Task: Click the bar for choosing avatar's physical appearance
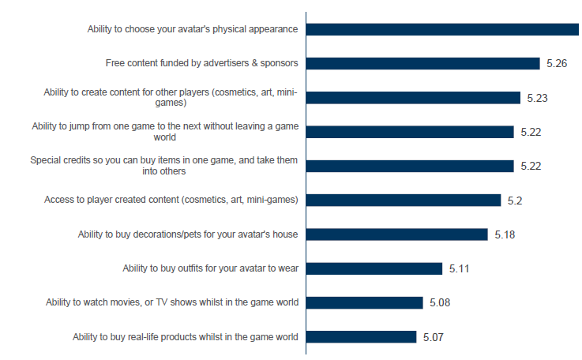click(x=442, y=29)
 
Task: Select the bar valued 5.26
click(x=422, y=63)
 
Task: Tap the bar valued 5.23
click(x=413, y=98)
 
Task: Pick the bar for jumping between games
click(x=410, y=132)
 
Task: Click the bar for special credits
click(x=410, y=166)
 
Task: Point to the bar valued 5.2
click(x=404, y=200)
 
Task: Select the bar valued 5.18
click(x=396, y=234)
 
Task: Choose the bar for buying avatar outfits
click(x=374, y=268)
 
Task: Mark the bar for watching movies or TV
click(x=365, y=302)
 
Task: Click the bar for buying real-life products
click(x=362, y=337)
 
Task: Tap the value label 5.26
click(x=557, y=63)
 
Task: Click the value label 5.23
click(x=537, y=98)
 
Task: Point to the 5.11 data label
click(x=460, y=268)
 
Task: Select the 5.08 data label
click(x=440, y=302)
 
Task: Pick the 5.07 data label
click(x=434, y=337)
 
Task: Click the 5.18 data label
click(x=505, y=234)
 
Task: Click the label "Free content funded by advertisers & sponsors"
click(x=201, y=63)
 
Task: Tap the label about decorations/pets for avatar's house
click(x=188, y=234)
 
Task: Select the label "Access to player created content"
click(x=171, y=200)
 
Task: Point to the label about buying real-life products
click(x=185, y=337)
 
